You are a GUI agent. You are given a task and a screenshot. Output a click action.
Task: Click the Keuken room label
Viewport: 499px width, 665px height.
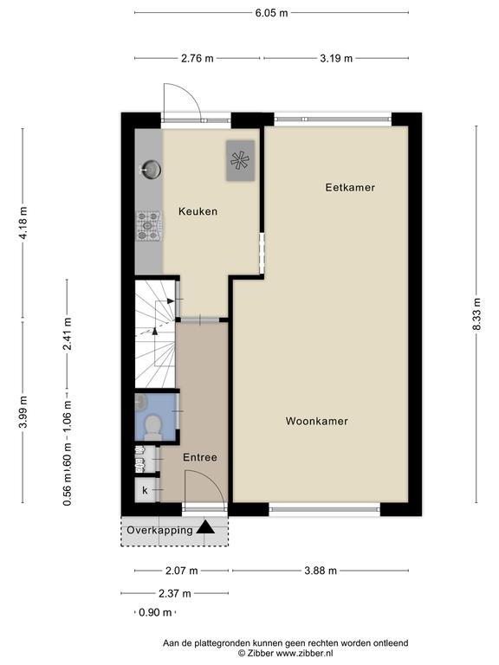pyautogui.click(x=198, y=211)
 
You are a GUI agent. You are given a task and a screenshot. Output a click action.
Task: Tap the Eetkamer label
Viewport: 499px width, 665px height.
pyautogui.click(x=350, y=187)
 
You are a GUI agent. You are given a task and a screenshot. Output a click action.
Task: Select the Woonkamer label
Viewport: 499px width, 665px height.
pyautogui.click(x=316, y=421)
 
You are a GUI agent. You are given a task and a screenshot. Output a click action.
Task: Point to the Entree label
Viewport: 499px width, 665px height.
pyautogui.click(x=200, y=457)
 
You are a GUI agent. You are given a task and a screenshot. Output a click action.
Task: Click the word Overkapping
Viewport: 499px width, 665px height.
pyautogui.click(x=159, y=530)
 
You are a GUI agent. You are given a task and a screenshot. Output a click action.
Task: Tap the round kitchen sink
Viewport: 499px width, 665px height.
pyautogui.click(x=151, y=169)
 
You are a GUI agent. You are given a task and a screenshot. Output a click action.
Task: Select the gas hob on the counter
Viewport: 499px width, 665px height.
pyautogui.click(x=148, y=227)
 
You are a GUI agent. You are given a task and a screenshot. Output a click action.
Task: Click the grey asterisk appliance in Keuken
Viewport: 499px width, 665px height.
pyautogui.click(x=240, y=161)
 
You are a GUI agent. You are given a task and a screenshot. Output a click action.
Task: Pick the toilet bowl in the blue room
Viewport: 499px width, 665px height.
pyautogui.click(x=152, y=426)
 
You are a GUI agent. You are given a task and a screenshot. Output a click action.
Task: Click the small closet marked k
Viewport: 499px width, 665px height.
pyautogui.click(x=146, y=490)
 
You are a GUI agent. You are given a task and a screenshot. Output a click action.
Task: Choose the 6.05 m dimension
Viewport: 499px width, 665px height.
pyautogui.click(x=271, y=13)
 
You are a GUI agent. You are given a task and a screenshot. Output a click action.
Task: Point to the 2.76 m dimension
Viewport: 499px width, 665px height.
pyautogui.click(x=198, y=58)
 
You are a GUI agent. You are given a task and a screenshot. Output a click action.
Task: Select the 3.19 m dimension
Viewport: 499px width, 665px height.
pyautogui.click(x=336, y=58)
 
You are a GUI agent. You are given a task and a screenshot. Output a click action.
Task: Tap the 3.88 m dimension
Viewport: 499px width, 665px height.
pyautogui.click(x=321, y=571)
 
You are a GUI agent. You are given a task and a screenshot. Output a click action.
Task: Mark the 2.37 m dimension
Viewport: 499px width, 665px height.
pyautogui.click(x=175, y=593)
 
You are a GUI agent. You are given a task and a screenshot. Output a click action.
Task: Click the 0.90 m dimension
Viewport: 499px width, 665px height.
pyautogui.click(x=155, y=612)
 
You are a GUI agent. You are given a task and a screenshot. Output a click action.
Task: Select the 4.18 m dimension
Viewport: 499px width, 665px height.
pyautogui.click(x=23, y=223)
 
